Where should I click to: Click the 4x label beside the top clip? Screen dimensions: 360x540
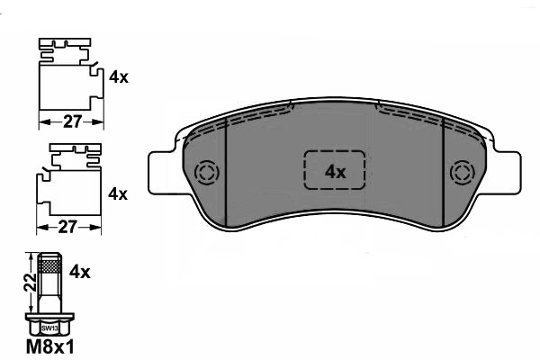(118, 78)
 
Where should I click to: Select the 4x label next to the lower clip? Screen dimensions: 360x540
(118, 193)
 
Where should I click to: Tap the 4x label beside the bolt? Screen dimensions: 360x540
(80, 271)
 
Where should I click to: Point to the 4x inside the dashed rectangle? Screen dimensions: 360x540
(335, 171)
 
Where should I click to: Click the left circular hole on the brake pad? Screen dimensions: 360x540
(206, 172)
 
